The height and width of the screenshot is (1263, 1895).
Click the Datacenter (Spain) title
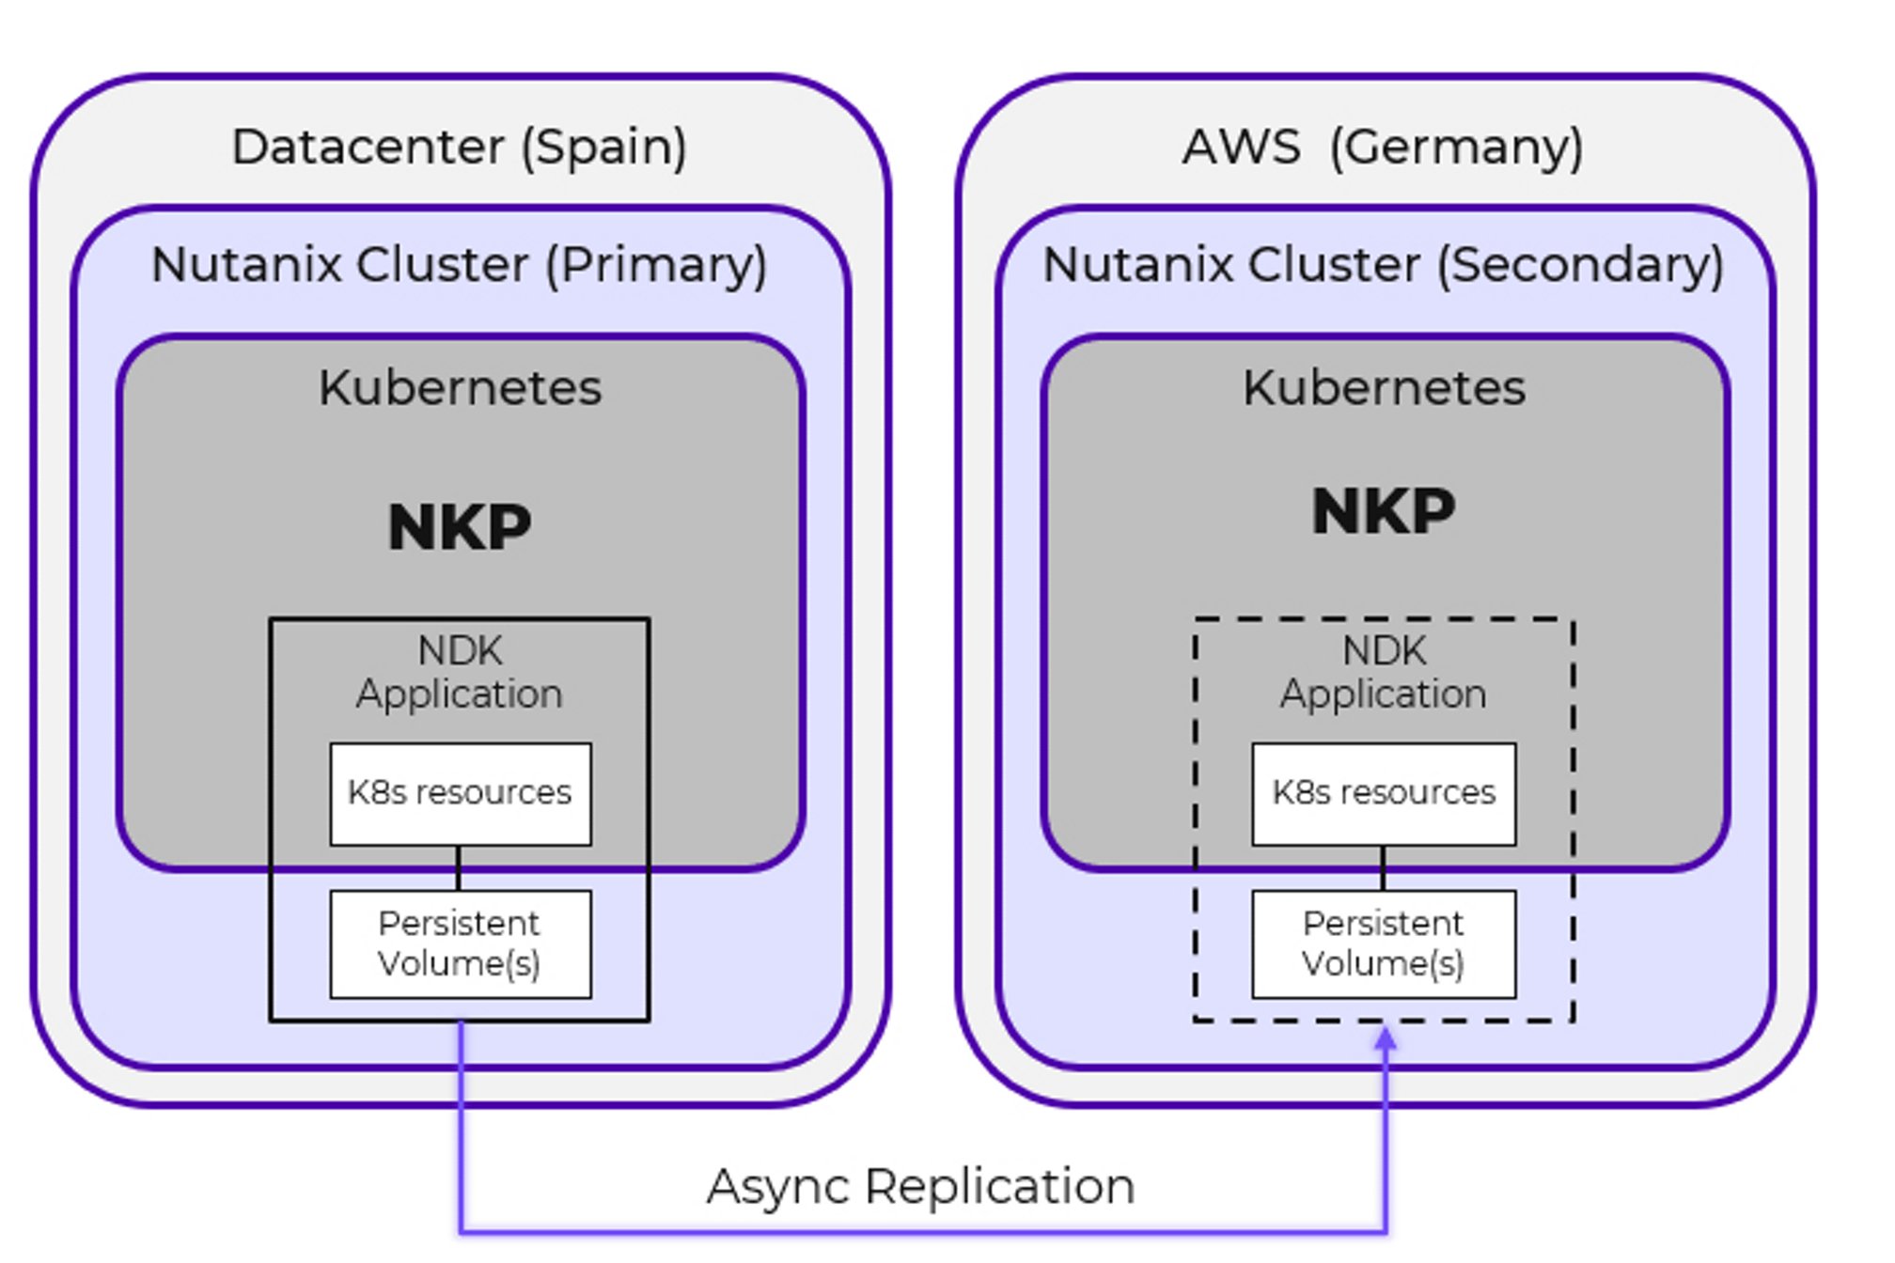point(459,148)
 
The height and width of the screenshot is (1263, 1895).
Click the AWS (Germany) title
point(1383,148)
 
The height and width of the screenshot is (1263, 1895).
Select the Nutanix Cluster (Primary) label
point(459,265)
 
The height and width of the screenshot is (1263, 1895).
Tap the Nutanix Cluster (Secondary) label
point(1383,265)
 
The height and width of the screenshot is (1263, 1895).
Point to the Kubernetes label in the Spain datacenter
point(460,388)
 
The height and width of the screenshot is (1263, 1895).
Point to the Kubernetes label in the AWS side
point(1384,388)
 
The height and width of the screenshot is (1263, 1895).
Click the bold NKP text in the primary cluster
point(460,527)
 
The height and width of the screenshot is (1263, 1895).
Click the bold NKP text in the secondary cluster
point(1384,512)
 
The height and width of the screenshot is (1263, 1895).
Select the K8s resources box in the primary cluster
point(460,794)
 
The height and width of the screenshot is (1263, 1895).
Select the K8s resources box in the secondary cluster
point(1384,794)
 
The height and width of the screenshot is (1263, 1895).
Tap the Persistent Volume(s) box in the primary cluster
point(460,943)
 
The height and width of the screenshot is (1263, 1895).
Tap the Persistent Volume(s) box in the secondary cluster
point(1384,943)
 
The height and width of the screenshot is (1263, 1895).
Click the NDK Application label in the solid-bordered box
point(460,673)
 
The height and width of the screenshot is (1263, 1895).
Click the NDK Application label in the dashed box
point(1384,673)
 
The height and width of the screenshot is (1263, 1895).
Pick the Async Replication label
point(920,1186)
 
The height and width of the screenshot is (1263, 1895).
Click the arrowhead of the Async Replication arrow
point(1386,1038)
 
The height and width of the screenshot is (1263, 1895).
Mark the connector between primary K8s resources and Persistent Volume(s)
point(459,868)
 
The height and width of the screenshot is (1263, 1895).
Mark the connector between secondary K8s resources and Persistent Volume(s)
point(1383,868)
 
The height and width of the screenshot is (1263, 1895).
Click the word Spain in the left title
point(603,148)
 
